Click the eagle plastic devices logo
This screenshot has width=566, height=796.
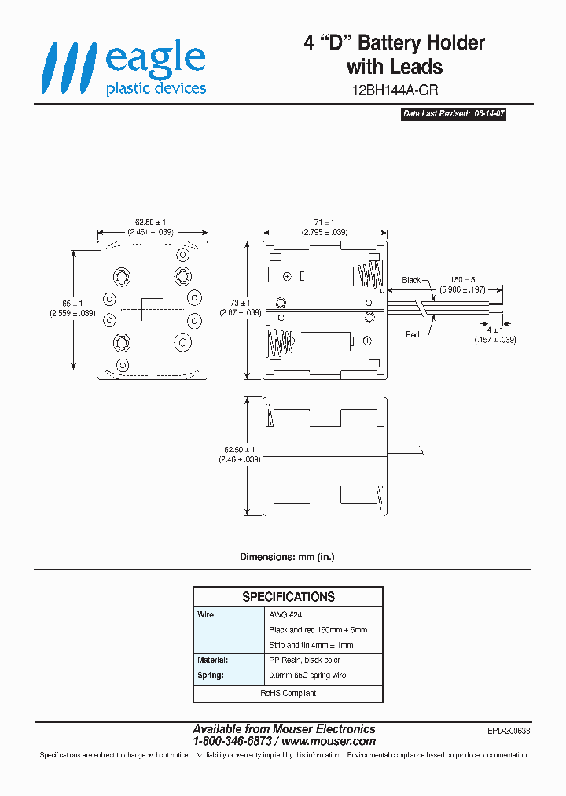[124, 70]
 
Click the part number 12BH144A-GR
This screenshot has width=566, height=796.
[394, 90]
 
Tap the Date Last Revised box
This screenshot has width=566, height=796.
[454, 114]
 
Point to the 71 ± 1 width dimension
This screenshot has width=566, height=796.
[323, 223]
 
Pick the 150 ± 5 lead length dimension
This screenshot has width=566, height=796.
[462, 280]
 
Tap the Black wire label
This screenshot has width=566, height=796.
[411, 280]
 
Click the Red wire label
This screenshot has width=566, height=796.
[412, 334]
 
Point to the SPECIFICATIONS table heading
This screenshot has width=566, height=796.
[288, 597]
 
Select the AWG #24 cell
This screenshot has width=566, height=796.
[285, 614]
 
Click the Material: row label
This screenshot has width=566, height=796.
[213, 661]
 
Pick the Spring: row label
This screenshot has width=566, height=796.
[211, 675]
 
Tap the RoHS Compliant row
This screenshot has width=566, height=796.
[288, 693]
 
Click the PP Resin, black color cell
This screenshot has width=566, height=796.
[305, 661]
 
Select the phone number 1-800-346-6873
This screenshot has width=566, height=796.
[233, 741]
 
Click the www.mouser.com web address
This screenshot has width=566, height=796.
[329, 741]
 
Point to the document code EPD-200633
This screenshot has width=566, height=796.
[509, 731]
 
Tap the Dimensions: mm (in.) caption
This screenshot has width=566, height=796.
[287, 557]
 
